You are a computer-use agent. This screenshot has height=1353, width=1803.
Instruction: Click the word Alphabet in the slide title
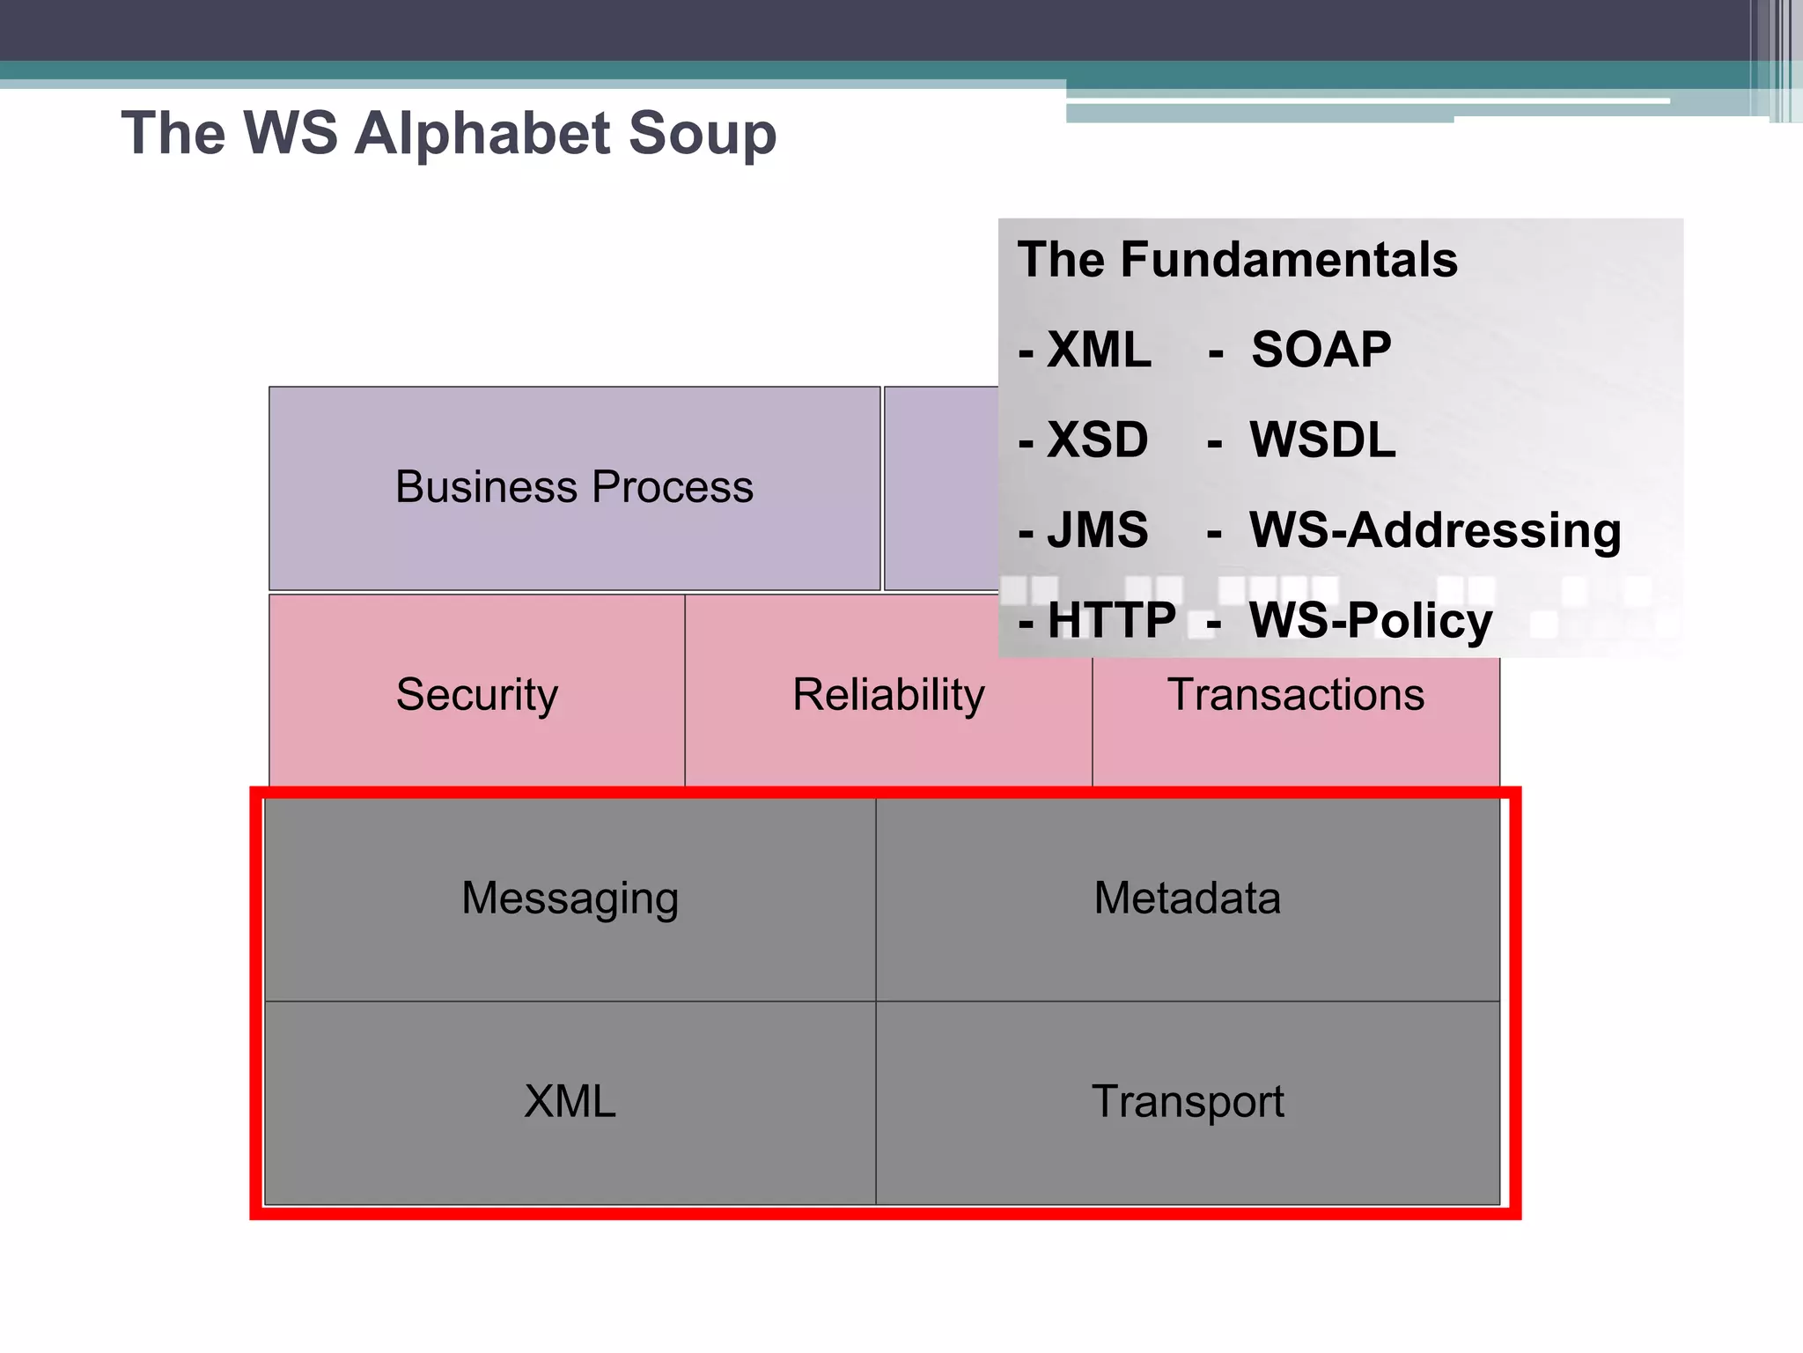(482, 134)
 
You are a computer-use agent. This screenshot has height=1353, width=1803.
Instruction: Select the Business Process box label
(574, 487)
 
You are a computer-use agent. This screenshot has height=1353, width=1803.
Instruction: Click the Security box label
(476, 694)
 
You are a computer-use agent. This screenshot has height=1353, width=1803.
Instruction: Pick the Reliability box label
(887, 694)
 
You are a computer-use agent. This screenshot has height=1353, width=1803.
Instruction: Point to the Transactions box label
(1295, 694)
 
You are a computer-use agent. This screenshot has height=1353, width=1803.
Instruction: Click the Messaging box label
(570, 898)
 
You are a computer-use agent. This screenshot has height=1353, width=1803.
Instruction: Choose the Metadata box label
(1187, 898)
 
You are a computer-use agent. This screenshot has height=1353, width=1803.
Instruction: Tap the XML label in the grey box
(570, 1102)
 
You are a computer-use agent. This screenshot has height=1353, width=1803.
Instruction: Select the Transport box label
(1187, 1102)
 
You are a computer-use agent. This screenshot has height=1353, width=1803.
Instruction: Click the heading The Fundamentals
(1237, 260)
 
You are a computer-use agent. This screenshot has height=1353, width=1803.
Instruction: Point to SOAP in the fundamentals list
(1321, 351)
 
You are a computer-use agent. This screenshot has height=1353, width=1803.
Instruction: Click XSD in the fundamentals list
(1097, 440)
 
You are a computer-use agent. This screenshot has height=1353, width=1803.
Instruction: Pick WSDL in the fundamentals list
(1322, 440)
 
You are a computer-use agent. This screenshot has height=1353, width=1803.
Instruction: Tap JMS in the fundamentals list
(1097, 530)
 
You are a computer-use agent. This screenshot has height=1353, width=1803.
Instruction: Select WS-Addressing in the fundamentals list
(1435, 530)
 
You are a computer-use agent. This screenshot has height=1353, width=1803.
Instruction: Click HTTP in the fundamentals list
(1111, 620)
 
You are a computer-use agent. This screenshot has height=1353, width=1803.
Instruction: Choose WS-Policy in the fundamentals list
(1371, 620)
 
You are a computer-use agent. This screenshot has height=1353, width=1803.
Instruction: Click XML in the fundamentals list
(1099, 351)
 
